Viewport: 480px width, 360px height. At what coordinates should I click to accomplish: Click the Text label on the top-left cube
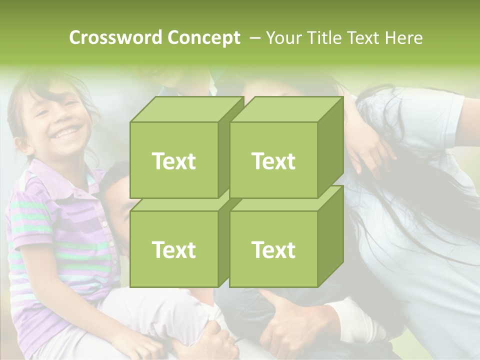tap(173, 161)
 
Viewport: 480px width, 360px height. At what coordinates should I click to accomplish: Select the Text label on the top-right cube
tap(273, 161)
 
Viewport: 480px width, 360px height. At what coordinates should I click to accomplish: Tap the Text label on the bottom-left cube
tap(173, 249)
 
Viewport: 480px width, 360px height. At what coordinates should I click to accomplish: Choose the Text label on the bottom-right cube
tap(273, 249)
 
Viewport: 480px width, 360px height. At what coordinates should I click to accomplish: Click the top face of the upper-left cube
tap(185, 109)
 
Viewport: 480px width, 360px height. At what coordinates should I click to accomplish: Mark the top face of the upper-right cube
tap(285, 109)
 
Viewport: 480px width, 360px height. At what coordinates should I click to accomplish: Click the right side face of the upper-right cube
tap(330, 147)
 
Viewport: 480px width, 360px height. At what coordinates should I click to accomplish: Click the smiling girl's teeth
tap(68, 132)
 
